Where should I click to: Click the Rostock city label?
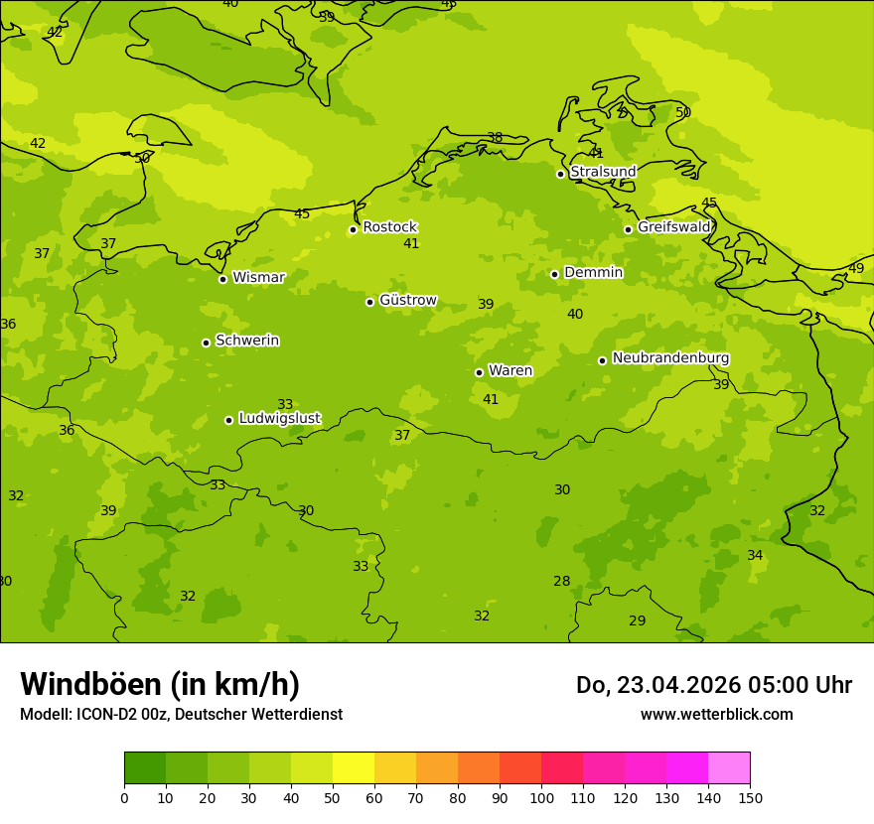(x=389, y=227)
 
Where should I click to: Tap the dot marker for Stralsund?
(x=560, y=174)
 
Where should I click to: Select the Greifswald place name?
(x=674, y=227)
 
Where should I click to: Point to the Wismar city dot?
(x=222, y=279)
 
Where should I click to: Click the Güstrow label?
(x=407, y=300)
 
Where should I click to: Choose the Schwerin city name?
(x=247, y=341)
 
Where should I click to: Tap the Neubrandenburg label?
(x=670, y=358)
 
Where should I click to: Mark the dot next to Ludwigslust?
(x=228, y=420)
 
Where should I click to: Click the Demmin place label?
(x=593, y=273)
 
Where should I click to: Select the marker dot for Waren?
(x=479, y=372)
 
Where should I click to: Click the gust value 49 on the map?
(x=855, y=269)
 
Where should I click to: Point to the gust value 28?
(x=562, y=582)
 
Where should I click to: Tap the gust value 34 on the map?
(x=755, y=556)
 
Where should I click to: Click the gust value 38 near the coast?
(x=495, y=138)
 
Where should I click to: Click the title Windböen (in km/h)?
(x=160, y=685)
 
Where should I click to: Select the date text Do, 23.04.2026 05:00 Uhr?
(x=713, y=685)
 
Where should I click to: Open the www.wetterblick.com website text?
(x=716, y=715)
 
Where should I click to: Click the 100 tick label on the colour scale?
(x=541, y=798)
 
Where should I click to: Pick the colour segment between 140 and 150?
(x=729, y=768)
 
